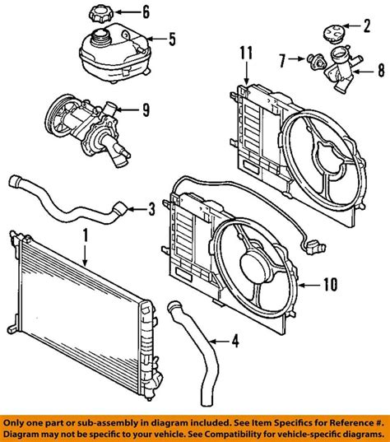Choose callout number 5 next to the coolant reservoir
click(x=173, y=38)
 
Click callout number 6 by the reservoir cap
click(x=146, y=12)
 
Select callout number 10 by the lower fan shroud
click(x=329, y=286)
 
